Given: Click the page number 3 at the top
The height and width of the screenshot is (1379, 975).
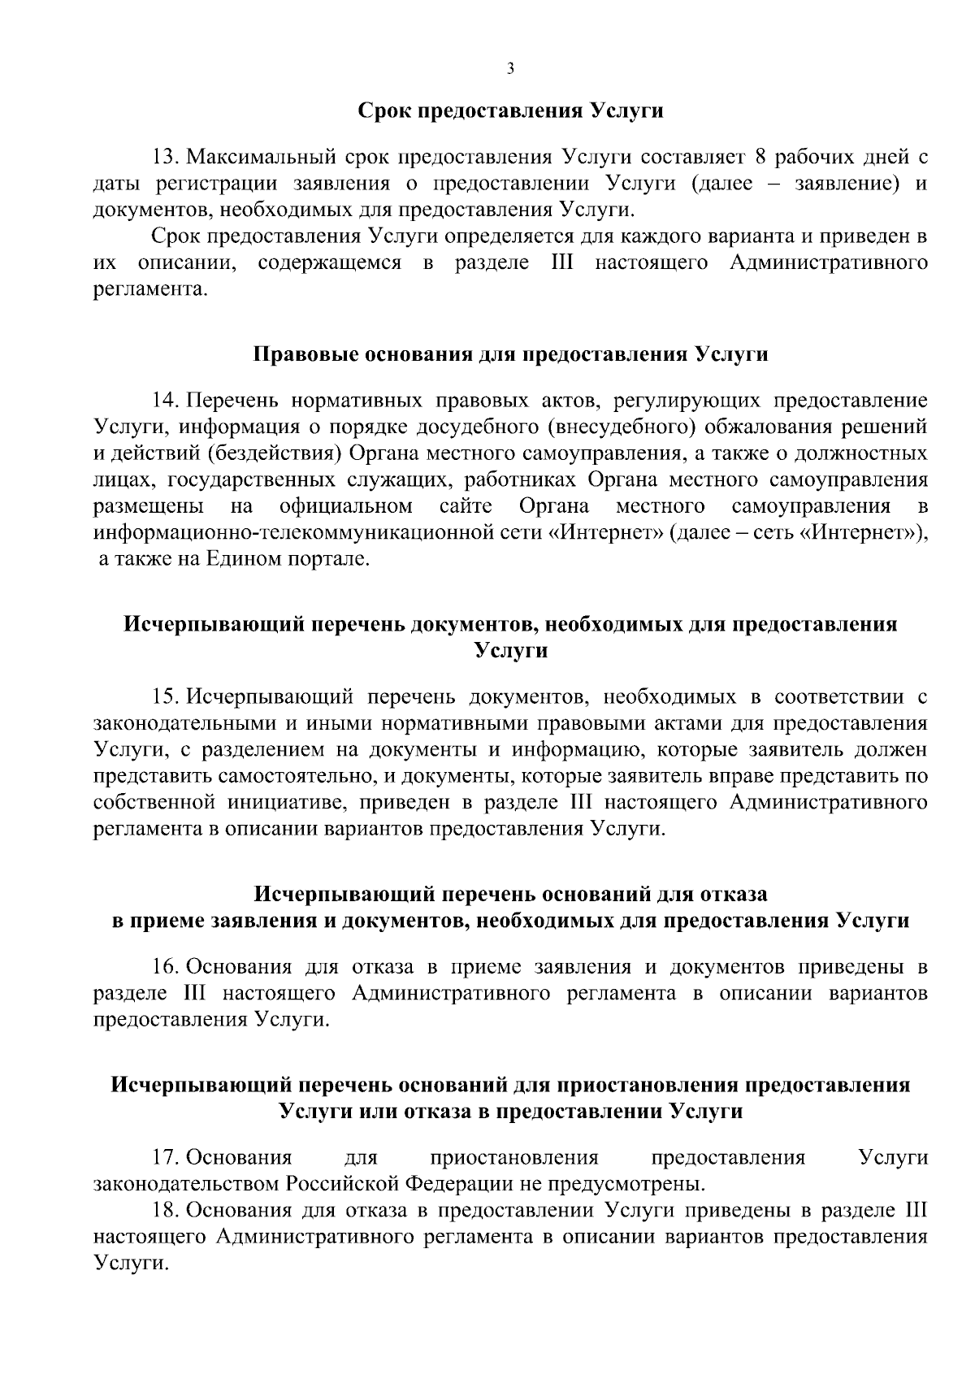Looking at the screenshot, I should tap(509, 69).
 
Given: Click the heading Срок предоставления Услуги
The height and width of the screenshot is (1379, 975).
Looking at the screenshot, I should tap(511, 111).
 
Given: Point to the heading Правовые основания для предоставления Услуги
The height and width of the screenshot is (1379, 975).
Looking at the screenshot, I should tap(511, 355).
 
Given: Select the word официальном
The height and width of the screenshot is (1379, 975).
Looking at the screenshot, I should tap(345, 507).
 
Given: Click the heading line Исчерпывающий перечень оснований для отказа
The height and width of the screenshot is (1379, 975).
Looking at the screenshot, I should tap(511, 895).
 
